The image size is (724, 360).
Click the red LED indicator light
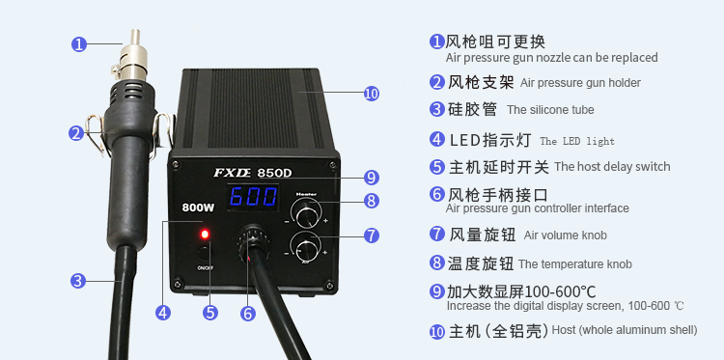205,235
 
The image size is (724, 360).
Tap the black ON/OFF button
204,253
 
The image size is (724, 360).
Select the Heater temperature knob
306,213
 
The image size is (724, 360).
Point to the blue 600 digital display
253,197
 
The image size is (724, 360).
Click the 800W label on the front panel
198,208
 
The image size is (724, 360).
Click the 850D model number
275,173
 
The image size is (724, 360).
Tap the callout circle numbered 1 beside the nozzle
79,44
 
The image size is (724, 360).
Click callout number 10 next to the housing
372,94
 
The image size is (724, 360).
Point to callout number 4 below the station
162,313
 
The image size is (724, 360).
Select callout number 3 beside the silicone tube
78,281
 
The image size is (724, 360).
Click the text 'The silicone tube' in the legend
550,110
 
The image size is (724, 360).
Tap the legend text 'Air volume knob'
565,235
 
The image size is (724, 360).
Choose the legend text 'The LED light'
577,141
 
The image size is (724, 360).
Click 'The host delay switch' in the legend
612,167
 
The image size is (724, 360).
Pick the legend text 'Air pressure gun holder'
580,83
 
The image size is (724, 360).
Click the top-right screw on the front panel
332,165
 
